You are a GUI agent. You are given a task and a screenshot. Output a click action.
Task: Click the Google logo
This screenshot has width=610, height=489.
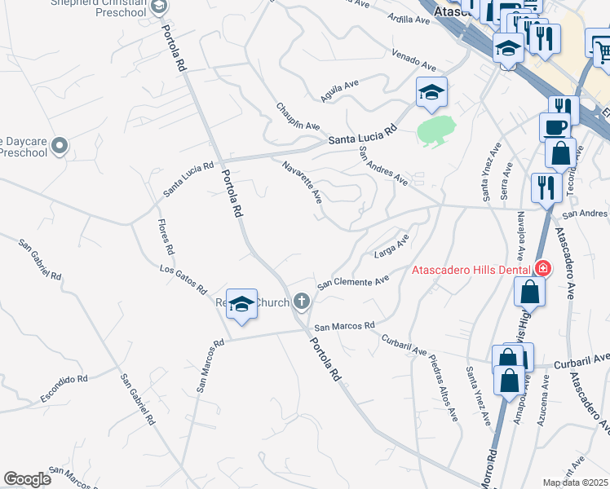click(x=27, y=479)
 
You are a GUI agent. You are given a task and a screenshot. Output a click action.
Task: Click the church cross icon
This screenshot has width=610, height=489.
click(x=302, y=302)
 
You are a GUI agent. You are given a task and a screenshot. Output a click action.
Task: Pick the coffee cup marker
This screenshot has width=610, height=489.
click(x=555, y=128)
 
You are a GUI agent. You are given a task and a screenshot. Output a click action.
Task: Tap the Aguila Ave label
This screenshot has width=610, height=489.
click(x=340, y=90)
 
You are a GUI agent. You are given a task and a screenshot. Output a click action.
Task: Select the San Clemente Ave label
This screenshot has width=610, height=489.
click(x=352, y=282)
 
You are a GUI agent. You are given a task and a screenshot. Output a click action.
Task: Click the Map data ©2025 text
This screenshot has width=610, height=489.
click(x=575, y=482)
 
